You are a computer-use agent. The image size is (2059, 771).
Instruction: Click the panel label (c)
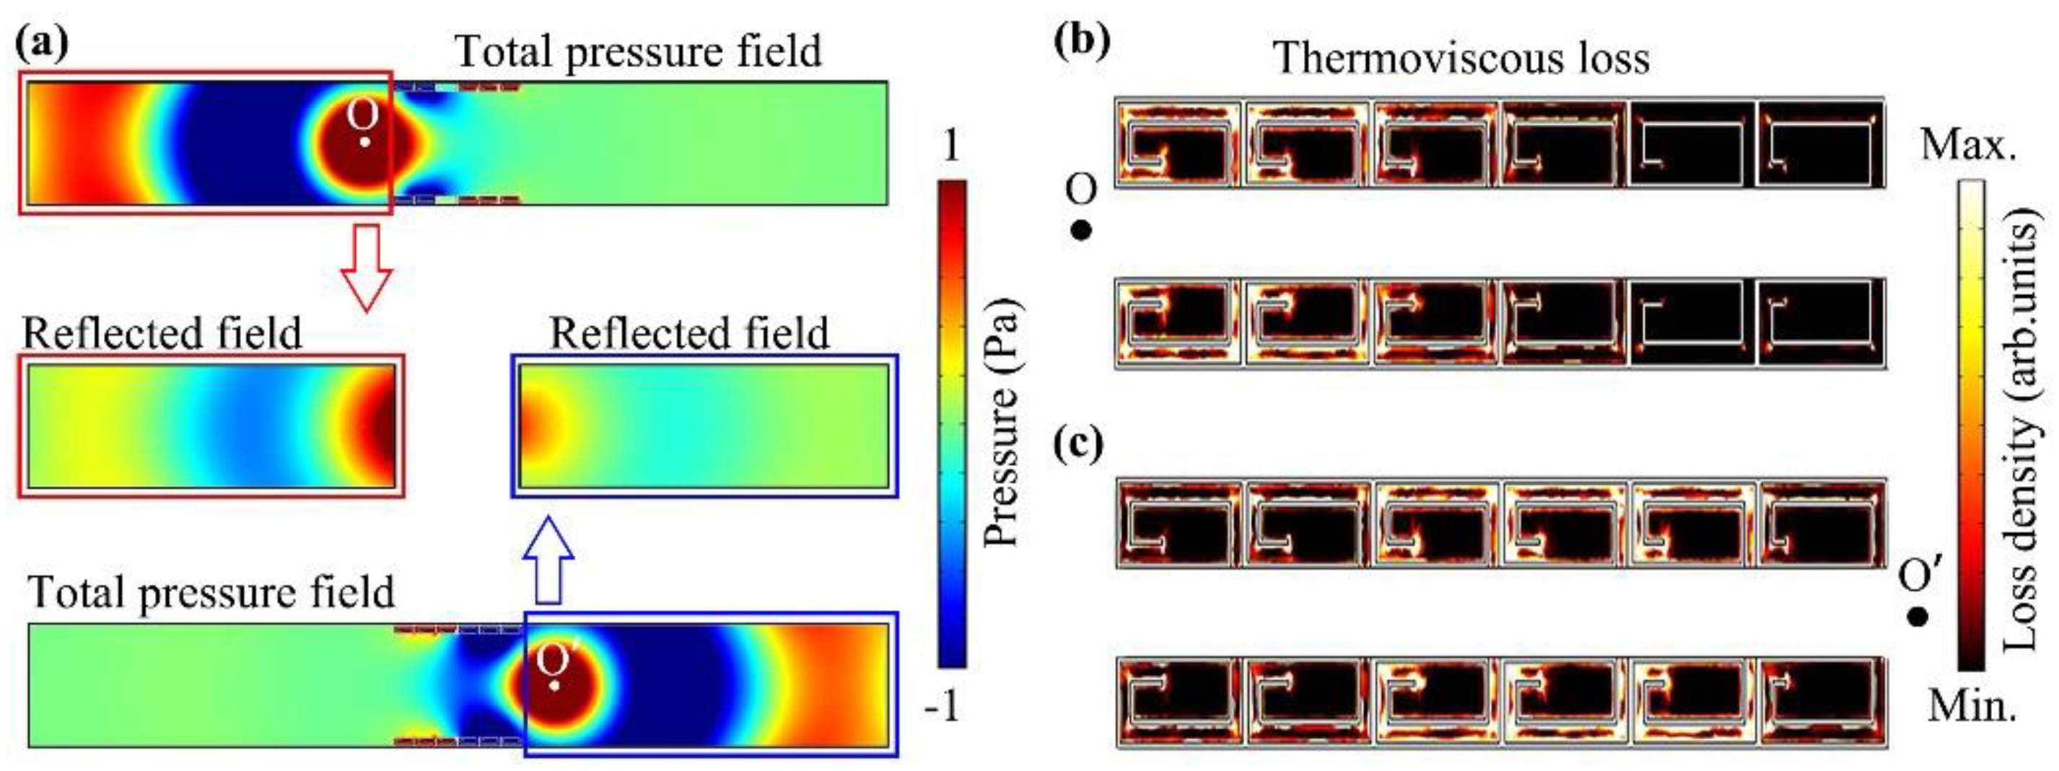tap(1079, 445)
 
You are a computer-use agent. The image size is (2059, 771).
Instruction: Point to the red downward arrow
tap(366, 267)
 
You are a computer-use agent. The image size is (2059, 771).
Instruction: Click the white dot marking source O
tap(364, 142)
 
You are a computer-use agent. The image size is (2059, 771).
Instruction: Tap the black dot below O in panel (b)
tap(1080, 231)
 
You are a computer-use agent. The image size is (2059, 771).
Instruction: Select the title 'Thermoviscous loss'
tap(1461, 58)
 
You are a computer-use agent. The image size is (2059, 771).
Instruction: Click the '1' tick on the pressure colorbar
tap(950, 146)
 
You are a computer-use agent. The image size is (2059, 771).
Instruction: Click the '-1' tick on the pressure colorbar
tap(944, 707)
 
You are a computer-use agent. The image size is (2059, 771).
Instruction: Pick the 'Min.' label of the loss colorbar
tap(1967, 706)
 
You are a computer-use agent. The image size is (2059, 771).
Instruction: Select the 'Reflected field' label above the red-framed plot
tap(162, 333)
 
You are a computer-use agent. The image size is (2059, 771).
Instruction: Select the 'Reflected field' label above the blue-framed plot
tap(689, 333)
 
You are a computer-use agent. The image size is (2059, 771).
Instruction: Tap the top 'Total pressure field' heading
tap(638, 51)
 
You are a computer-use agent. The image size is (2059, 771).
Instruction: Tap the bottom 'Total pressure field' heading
tap(211, 593)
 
